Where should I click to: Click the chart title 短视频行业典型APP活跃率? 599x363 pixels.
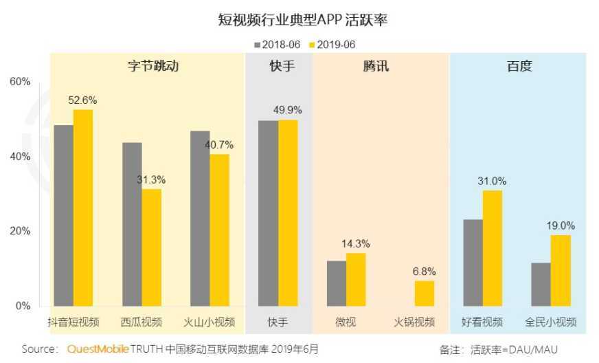click(x=299, y=20)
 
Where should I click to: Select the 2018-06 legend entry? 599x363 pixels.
click(x=278, y=45)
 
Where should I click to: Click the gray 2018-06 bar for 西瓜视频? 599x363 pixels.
click(x=132, y=224)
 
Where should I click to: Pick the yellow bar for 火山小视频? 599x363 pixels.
click(x=220, y=230)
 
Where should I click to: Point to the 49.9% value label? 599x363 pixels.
click(x=288, y=110)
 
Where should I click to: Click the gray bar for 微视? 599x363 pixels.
click(x=337, y=283)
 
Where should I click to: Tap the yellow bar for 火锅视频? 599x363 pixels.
click(x=425, y=293)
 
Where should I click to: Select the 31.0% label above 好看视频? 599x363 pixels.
click(x=493, y=181)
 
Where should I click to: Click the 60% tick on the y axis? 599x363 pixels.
click(x=20, y=82)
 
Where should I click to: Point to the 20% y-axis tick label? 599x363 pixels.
click(x=20, y=231)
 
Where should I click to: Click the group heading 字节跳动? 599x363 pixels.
click(x=148, y=67)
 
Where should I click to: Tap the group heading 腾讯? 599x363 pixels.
click(x=381, y=67)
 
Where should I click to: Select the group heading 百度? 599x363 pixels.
click(x=519, y=67)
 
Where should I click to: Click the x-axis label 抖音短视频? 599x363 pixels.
click(x=73, y=322)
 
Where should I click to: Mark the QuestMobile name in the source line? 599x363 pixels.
click(x=98, y=349)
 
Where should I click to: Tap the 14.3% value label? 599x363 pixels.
click(x=356, y=243)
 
